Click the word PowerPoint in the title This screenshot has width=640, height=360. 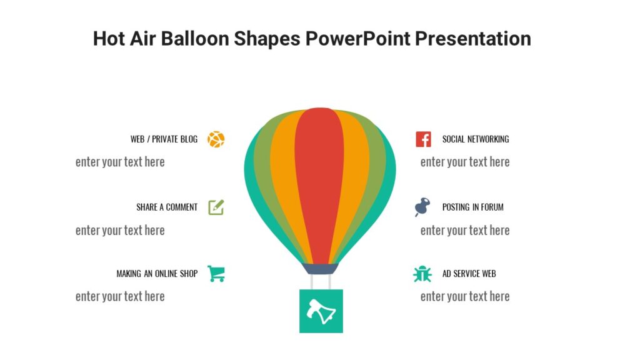pos(357,39)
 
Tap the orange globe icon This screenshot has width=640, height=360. pos(216,139)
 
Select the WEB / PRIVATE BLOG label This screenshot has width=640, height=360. pos(164,139)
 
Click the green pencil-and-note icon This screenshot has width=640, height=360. pos(216,207)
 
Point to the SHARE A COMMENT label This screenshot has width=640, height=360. pos(167,207)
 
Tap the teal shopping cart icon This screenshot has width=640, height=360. pos(216,273)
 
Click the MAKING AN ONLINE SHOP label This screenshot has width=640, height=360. pos(157,274)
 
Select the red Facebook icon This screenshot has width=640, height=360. pos(423,139)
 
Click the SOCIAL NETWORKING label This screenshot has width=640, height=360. pos(476,139)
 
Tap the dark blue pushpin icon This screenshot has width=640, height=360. pos(422,207)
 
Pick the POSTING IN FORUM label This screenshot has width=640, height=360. pos(472,207)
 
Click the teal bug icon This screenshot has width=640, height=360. pos(422,274)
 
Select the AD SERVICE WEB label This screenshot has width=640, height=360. pos(469,274)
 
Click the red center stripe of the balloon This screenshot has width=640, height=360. pos(319,181)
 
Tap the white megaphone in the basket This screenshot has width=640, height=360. pos(321,311)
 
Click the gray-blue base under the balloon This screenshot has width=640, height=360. pos(321,269)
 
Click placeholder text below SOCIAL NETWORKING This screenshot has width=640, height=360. pos(465,162)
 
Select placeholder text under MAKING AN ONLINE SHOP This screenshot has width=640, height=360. pos(120,296)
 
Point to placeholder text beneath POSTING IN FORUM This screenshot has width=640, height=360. pos(465,231)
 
